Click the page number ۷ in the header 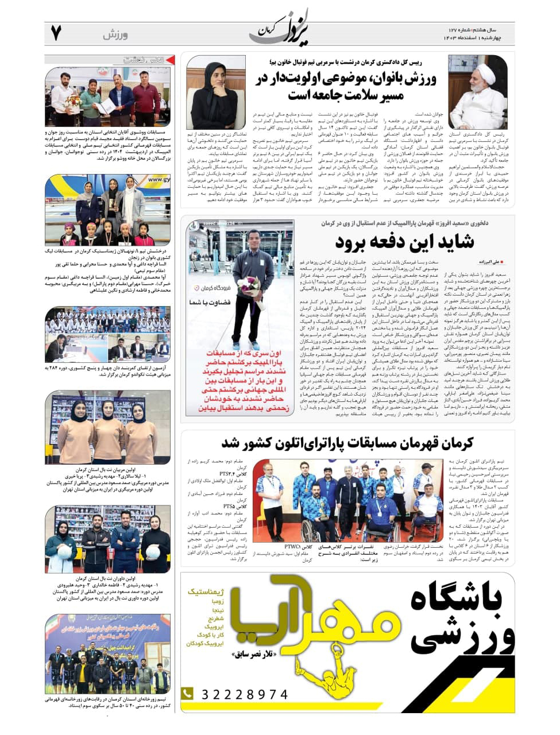pos(56,33)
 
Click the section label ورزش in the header pos(115,35)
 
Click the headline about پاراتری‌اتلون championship pos(347,443)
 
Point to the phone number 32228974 pos(244,695)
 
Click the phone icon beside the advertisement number pos(187,694)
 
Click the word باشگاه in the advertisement pos(456,599)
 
